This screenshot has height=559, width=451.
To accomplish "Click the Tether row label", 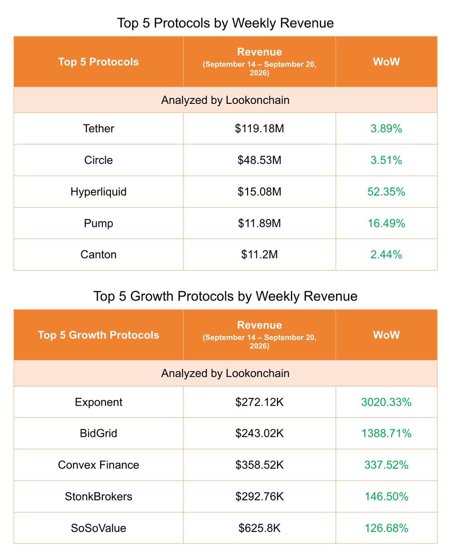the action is point(98,129).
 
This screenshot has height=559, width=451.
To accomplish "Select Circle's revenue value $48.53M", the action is point(259,160).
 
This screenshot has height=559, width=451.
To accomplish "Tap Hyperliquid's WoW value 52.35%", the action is point(386,191).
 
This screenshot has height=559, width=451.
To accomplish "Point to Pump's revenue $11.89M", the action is point(259,223).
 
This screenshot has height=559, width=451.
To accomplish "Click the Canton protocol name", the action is point(98,254).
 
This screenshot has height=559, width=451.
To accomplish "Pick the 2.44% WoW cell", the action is point(386,254).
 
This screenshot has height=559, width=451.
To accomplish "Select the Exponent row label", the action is point(98,402).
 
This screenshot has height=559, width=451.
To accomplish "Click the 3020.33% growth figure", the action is point(386,402).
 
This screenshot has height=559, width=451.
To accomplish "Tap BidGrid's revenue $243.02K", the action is point(259,433).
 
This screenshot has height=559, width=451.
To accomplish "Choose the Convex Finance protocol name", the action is point(98,465).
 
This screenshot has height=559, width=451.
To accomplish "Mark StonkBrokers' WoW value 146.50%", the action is point(386,497).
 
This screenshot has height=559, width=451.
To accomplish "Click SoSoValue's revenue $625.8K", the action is point(259,528).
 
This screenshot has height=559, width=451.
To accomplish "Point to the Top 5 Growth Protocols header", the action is point(98,335).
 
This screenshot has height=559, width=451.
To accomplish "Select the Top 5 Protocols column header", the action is point(98,62).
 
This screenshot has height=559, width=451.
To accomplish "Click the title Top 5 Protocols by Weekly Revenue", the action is point(225,23).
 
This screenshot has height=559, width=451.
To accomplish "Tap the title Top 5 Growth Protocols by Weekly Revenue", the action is point(225,296).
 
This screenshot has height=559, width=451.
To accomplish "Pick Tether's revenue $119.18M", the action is point(259,129).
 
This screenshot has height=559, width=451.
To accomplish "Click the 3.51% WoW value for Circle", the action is point(386,160).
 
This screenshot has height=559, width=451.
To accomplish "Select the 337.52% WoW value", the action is point(386,465).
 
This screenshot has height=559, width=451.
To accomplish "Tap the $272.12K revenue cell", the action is point(259,402).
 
